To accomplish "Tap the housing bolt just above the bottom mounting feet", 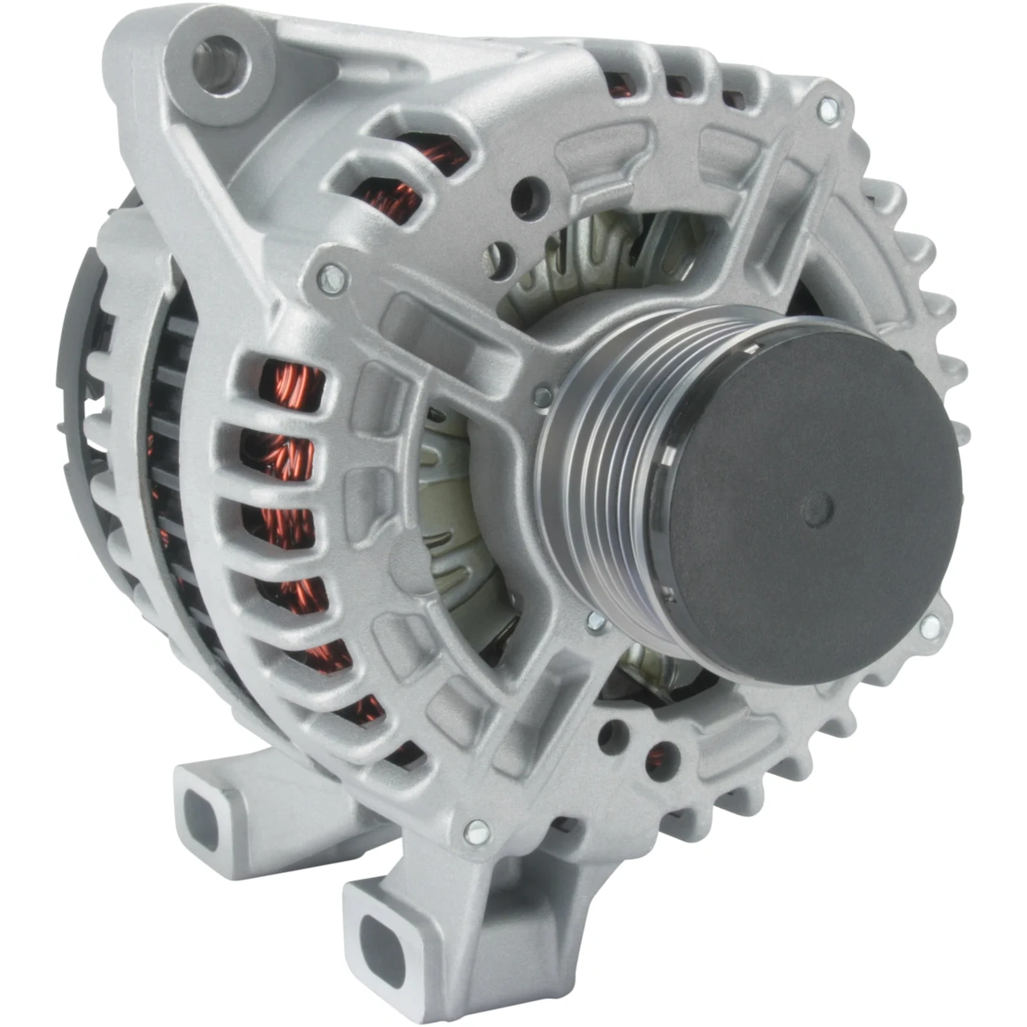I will click(x=475, y=833).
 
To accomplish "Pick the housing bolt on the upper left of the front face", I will click(x=333, y=277).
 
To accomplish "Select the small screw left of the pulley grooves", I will click(x=543, y=394).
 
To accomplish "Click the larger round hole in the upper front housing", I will click(x=527, y=196).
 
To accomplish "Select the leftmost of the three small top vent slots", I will click(x=619, y=84).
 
